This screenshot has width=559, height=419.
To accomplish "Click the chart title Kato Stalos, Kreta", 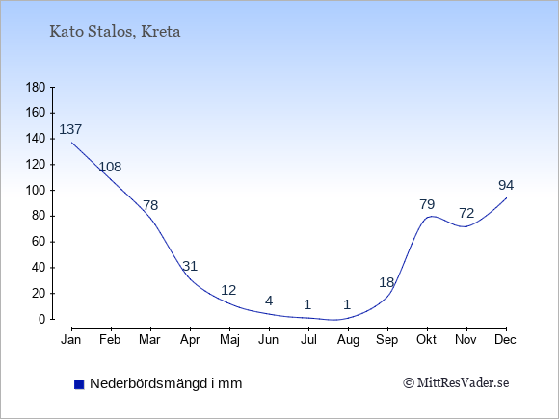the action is coord(115,32).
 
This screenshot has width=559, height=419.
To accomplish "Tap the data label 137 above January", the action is coord(70,129).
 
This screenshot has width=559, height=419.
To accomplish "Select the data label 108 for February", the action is coord(110,167).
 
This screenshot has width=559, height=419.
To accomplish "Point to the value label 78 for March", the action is coord(150,205).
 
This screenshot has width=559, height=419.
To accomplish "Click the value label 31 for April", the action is coord(190,266).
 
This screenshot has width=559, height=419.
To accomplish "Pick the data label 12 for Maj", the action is coord(228,290).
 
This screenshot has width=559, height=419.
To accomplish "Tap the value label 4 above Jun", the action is coord(269,301).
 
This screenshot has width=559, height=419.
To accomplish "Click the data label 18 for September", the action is coord(386,282).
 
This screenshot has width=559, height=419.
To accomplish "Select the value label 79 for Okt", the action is coord(427,204).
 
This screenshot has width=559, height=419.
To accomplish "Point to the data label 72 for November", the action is coord(466,213).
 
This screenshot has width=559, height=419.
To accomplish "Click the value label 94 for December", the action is coord(506,185).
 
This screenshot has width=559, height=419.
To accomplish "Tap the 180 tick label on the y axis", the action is coord(36,88).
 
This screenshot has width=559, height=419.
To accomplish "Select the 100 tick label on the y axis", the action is coord(36,191).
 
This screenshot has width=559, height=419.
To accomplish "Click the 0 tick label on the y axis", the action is coord(42,319).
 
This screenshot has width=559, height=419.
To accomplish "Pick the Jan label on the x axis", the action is coord(71,340).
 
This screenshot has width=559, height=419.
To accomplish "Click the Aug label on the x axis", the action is coord(348,340).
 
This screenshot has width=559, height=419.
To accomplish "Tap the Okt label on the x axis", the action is coord(426,340).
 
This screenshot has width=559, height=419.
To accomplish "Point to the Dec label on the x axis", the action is coord(506,340).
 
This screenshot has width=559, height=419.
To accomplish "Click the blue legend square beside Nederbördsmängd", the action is coord(79,384).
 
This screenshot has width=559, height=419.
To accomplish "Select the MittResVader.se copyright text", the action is coord(456,383).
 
